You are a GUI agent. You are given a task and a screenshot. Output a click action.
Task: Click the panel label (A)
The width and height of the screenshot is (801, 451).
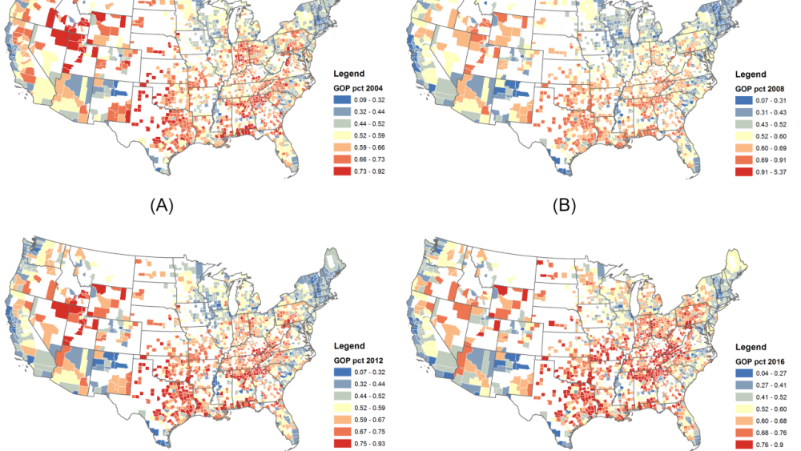click(x=162, y=205)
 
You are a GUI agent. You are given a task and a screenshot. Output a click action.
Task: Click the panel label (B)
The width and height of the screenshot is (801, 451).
click(x=568, y=205)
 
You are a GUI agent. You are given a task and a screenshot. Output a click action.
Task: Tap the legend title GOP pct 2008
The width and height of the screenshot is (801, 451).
click(x=765, y=87)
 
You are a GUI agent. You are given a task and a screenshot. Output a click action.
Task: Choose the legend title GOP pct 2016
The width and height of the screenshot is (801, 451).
click(x=765, y=360)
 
